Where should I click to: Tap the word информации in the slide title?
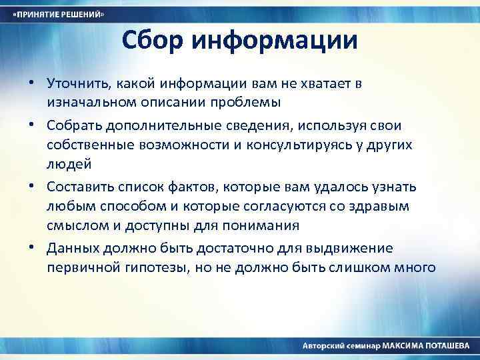(x=274, y=41)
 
